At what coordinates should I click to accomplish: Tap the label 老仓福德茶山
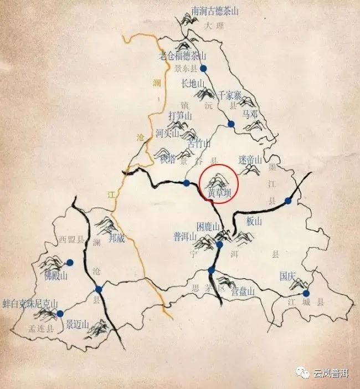[182, 56]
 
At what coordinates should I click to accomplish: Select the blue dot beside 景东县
[203, 68]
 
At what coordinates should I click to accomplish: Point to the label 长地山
[193, 84]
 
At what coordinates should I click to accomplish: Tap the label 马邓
[250, 114]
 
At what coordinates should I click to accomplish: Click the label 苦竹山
[200, 144]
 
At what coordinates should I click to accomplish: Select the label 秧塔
[167, 160]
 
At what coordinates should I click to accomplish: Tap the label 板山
[253, 221]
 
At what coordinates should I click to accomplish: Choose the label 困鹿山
[209, 227]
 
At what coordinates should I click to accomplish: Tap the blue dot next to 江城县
[306, 293]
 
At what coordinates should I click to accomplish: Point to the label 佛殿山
[55, 275]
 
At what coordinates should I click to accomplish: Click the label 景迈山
[78, 324]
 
